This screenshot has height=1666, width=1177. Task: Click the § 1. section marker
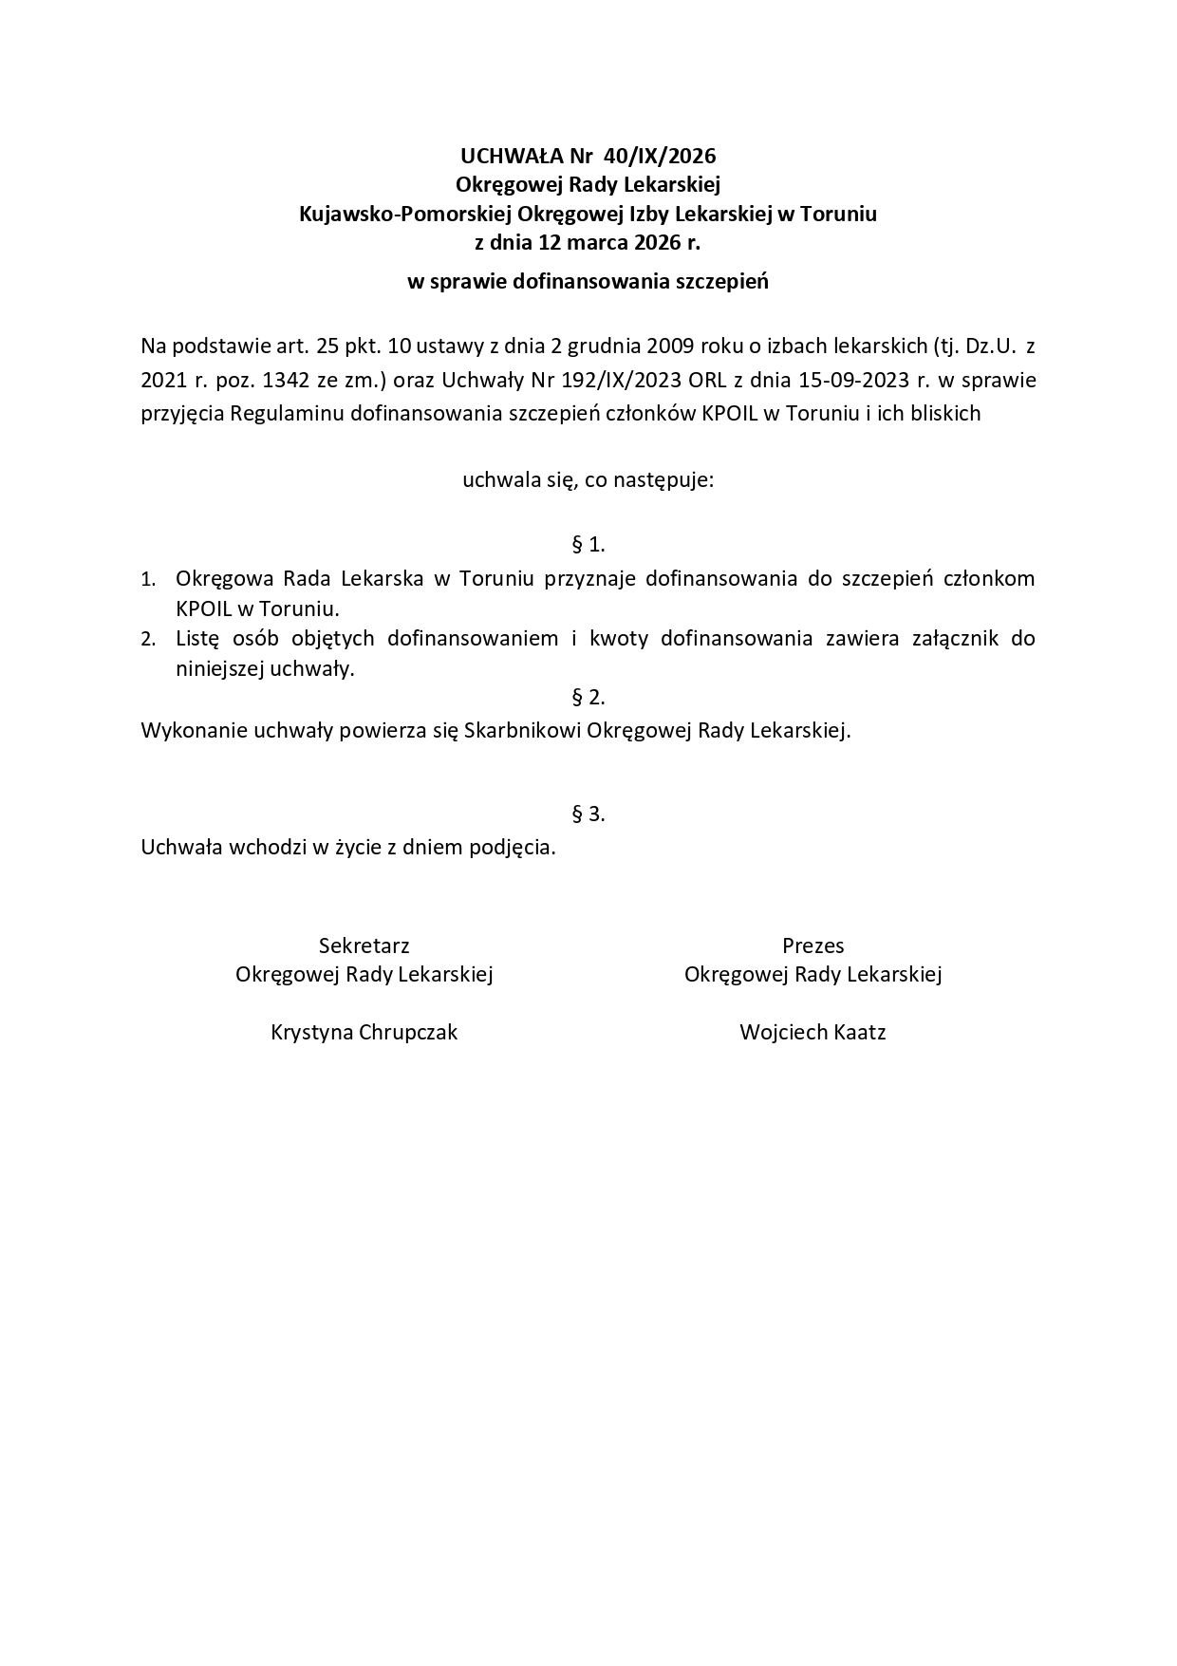(588, 545)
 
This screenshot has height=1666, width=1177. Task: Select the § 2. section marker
(588, 698)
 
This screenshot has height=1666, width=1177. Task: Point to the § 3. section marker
(588, 814)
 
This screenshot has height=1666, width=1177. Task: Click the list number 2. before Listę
(148, 640)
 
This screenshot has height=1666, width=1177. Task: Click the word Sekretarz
(364, 945)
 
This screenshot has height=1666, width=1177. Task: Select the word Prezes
(813, 945)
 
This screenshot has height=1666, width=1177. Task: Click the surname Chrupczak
(408, 1033)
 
